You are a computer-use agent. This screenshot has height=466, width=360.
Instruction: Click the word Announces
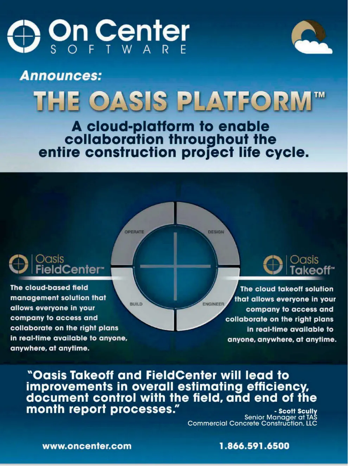pyautogui.click(x=60, y=76)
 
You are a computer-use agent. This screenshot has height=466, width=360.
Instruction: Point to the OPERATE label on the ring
pyautogui.click(x=134, y=232)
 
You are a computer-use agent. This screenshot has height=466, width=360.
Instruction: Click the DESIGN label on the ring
pyautogui.click(x=216, y=232)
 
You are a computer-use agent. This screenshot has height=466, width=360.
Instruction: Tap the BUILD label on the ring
pyautogui.click(x=136, y=304)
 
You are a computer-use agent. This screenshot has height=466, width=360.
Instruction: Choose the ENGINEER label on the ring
pyautogui.click(x=213, y=304)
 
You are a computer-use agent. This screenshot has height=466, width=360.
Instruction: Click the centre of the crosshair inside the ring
pyautogui.click(x=175, y=266)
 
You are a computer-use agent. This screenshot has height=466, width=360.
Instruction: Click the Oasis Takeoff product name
pyautogui.click(x=312, y=265)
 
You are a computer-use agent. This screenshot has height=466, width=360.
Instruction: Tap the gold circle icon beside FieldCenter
pyautogui.click(x=19, y=264)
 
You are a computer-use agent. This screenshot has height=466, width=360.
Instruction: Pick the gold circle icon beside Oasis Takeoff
pyautogui.click(x=273, y=265)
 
